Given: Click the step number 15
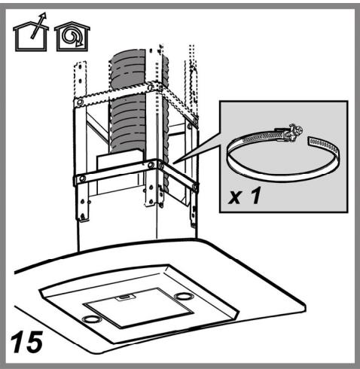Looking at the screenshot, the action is click(x=26, y=342).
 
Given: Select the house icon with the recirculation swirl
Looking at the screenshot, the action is click(x=72, y=36).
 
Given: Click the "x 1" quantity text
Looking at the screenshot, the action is click(x=244, y=196).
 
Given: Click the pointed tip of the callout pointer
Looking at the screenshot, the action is click(x=173, y=163).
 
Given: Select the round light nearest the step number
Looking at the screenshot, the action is click(x=91, y=319).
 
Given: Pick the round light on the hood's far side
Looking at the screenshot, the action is click(x=183, y=297).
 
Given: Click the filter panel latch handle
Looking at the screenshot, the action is click(x=125, y=297).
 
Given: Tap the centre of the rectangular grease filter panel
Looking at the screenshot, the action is click(x=139, y=307).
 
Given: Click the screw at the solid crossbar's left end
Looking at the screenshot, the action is click(x=82, y=179).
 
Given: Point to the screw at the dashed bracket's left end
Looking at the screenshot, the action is click(x=80, y=102).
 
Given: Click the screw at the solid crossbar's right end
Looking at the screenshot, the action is click(x=195, y=187).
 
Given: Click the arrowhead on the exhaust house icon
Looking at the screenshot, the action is click(x=44, y=17).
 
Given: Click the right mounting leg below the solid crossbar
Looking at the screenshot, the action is click(x=194, y=209).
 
